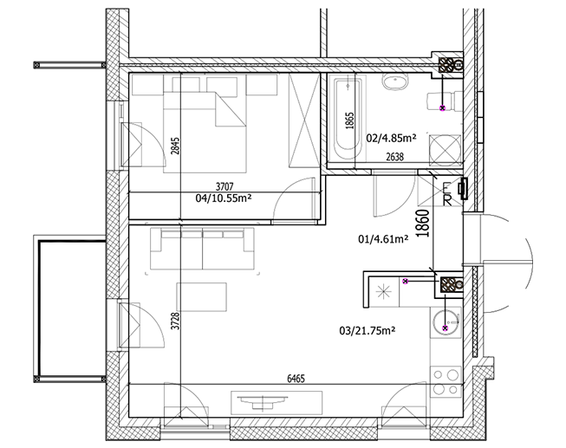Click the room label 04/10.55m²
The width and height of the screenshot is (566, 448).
click(224, 198)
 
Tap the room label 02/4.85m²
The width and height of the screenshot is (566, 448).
click(391, 138)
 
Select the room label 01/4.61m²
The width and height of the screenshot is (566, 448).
click(383, 238)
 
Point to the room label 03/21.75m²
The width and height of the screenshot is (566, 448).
click(368, 330)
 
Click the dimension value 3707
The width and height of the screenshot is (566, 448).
click(224, 186)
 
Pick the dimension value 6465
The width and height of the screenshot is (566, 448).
click(296, 379)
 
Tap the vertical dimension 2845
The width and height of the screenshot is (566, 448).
click(175, 146)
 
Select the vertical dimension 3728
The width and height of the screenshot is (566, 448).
click(175, 321)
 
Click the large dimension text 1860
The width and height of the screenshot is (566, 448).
click(423, 224)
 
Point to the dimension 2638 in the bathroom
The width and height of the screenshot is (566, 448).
click(394, 157)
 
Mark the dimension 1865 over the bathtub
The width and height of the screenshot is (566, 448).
click(350, 120)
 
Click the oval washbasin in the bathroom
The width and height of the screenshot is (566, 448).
click(395, 82)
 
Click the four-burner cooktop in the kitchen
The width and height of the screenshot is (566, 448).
click(446, 381)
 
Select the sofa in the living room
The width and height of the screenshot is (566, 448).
click(203, 249)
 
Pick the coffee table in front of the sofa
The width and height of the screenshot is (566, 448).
click(201, 296)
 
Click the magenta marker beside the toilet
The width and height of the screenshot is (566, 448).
click(442, 107)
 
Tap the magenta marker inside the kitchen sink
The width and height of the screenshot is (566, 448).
click(445, 328)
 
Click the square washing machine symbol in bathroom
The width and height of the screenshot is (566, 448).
click(445, 150)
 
